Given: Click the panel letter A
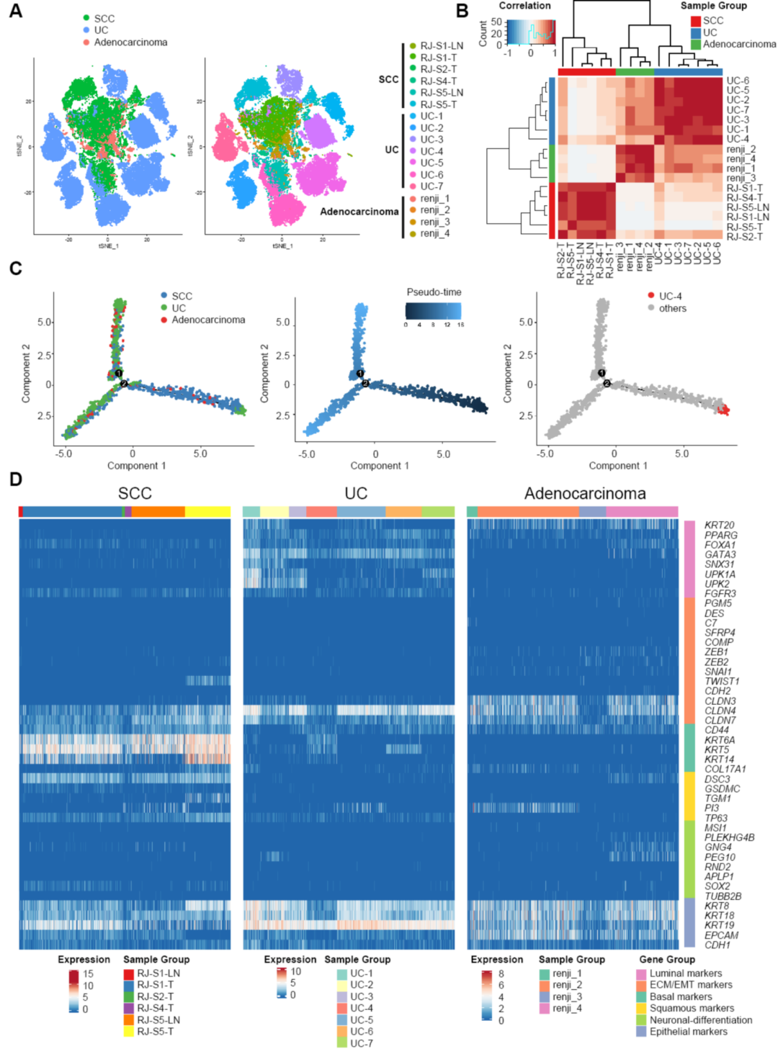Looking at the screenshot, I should click(x=15, y=12).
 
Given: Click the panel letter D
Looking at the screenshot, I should click(x=15, y=479).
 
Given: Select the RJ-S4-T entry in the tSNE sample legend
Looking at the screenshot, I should click(x=438, y=81).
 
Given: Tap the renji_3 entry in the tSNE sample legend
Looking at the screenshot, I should click(x=435, y=222).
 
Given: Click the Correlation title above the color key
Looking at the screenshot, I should click(x=524, y=6).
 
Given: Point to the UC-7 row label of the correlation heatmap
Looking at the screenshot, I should click(x=738, y=110).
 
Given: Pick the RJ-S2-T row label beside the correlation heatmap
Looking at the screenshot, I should click(x=744, y=236).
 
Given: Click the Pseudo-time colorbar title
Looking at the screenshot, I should click(x=434, y=292).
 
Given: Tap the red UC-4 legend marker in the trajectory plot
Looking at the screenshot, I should click(x=651, y=296).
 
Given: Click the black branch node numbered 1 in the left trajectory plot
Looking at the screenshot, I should click(x=119, y=374).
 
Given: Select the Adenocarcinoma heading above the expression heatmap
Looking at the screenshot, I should click(x=585, y=494).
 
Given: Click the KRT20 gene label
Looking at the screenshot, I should click(x=720, y=526).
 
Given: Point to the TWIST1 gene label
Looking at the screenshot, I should click(x=722, y=681).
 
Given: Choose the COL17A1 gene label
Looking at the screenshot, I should click(x=725, y=769).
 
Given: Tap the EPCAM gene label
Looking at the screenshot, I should click(x=721, y=935).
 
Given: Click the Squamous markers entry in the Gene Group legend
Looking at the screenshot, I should click(x=692, y=1008).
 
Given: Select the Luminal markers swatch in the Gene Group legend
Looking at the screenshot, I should click(x=641, y=973).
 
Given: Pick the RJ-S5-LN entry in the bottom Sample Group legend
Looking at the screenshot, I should click(x=158, y=1019).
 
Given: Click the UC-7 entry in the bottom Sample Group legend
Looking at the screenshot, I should click(x=362, y=1043).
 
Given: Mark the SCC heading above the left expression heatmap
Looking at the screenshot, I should click(x=135, y=494).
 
